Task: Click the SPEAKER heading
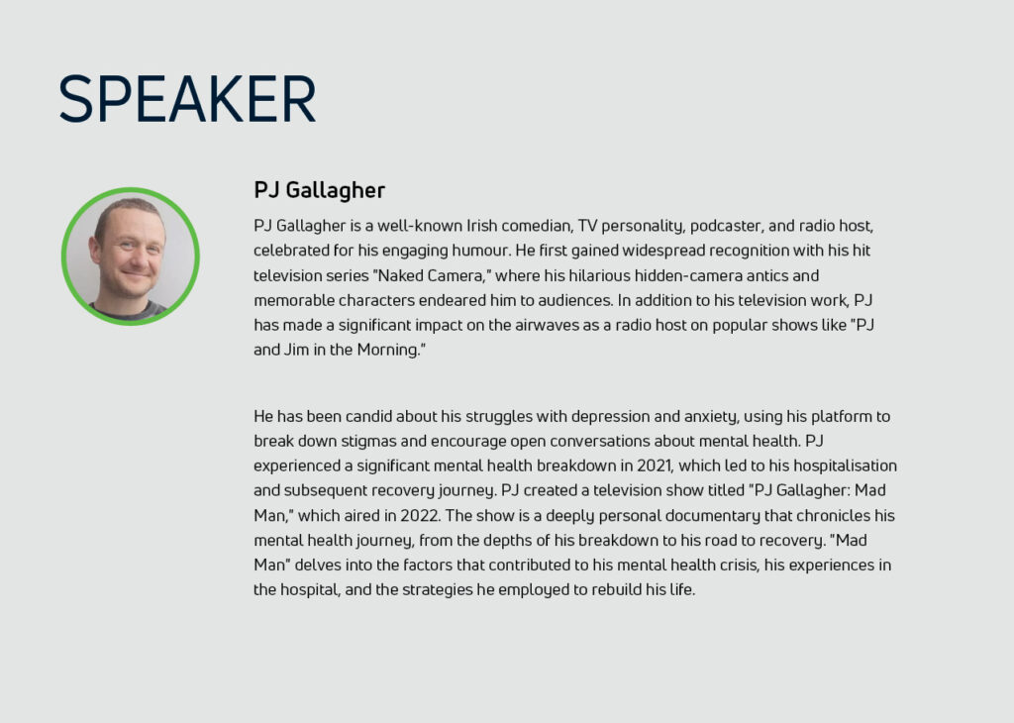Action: coord(187,98)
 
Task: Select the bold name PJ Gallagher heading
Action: coord(320,190)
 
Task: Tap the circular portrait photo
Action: coord(131,257)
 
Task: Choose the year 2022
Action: coord(420,515)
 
